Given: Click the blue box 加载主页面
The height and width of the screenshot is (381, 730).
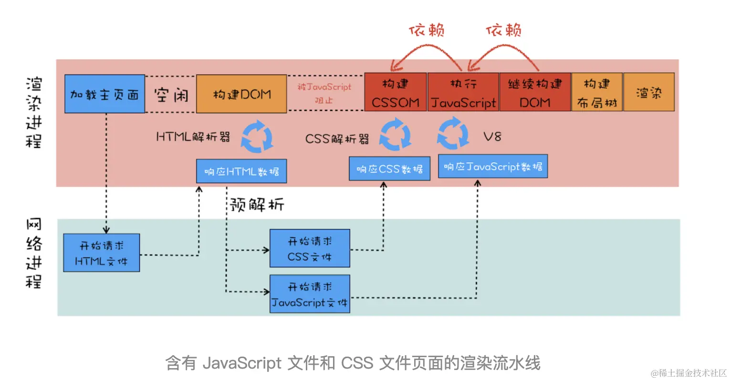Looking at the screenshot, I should pos(104,94).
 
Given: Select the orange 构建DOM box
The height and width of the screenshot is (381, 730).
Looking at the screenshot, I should pos(241,94).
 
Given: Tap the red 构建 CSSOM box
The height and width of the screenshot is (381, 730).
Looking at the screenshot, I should pos(395,93).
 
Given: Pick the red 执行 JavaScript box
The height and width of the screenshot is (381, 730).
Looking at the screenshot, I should pos(463,93).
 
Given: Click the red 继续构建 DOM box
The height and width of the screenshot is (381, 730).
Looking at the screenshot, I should pos(534,93).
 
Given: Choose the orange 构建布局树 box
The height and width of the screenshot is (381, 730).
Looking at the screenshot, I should pos(597,93).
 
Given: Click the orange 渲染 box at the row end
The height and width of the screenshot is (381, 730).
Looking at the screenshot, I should pos(649,93).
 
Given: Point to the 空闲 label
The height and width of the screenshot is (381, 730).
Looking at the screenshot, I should pos(171,95).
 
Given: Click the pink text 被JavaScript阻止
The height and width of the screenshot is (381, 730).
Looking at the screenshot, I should pos(324,93).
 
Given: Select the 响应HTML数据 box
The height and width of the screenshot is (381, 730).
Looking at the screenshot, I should pos(241,171).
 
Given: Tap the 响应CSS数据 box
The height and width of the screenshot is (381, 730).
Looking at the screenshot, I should pos(389,169).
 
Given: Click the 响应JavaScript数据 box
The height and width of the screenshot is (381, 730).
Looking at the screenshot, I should pos(492,167).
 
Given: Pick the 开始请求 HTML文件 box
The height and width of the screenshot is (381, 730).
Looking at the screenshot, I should pos(102,253).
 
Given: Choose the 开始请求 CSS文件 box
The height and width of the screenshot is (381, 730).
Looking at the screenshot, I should pos(310,248).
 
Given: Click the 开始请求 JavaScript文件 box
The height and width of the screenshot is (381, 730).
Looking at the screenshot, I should pos(310,294).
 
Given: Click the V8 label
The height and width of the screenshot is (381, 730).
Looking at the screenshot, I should pos(492,137).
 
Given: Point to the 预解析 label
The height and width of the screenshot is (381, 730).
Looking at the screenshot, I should pos(257,205).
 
